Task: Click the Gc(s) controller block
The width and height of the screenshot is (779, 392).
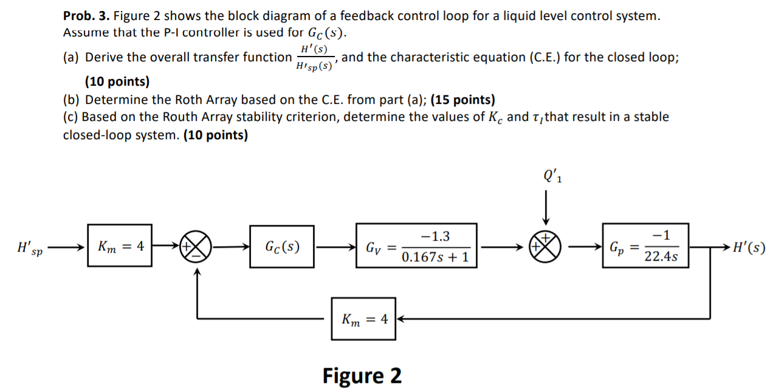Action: pyautogui.click(x=282, y=247)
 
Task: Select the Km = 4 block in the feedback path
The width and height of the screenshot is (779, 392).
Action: pyautogui.click(x=363, y=318)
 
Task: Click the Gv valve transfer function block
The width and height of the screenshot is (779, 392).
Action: pyautogui.click(x=416, y=247)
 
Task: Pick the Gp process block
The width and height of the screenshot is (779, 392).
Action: pyautogui.click(x=645, y=247)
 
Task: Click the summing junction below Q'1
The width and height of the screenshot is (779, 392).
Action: pyautogui.click(x=546, y=247)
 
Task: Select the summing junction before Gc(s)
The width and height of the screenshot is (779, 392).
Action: pyautogui.click(x=197, y=247)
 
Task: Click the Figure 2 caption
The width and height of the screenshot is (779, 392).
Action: pyautogui.click(x=362, y=376)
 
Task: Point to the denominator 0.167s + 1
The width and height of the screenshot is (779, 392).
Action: pyautogui.click(x=435, y=257)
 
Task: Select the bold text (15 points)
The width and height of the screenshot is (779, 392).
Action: pyautogui.click(x=463, y=100)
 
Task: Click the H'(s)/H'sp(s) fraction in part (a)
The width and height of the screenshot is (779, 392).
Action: pyautogui.click(x=314, y=58)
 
